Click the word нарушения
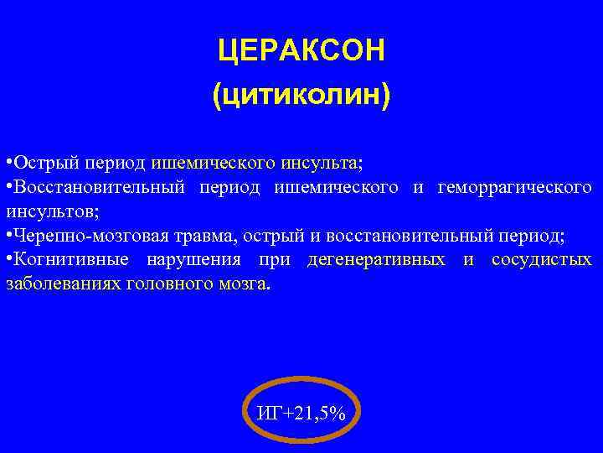tap(190, 258)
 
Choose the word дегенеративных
tap(376, 258)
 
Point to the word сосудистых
tap(541, 258)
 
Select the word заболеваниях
tap(62, 283)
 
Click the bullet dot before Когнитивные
tap(8, 258)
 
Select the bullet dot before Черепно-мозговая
tap(8, 234)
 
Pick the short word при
tap(274, 258)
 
